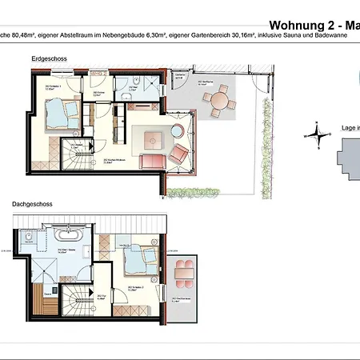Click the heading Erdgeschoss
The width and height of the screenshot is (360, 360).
tap(46, 60)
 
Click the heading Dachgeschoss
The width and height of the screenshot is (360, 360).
tap(31, 204)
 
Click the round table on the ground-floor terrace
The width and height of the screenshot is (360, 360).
tap(218, 101)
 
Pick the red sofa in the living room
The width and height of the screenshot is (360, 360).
tap(152, 161)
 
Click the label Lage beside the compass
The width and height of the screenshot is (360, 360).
tap(347, 127)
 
